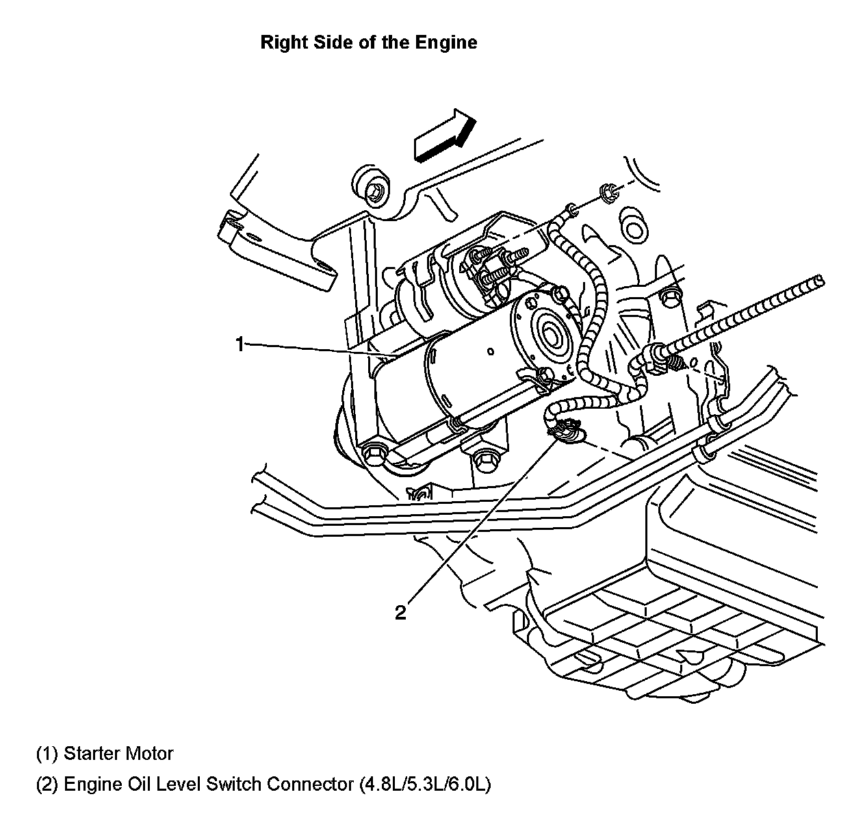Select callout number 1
click(x=240, y=344)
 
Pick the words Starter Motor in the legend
click(x=118, y=754)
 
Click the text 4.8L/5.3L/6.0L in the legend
click(x=424, y=784)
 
